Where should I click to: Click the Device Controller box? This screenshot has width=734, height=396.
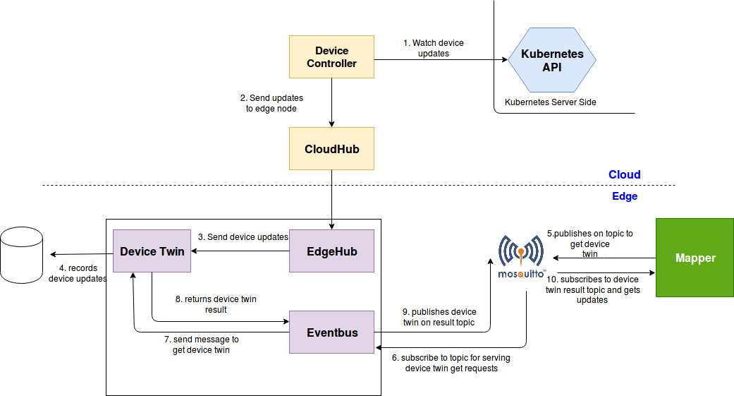tap(331, 56)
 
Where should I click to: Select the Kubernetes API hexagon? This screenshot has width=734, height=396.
tap(552, 60)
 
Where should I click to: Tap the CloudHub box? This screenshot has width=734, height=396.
tap(331, 149)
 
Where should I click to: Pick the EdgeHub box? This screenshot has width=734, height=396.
tap(331, 251)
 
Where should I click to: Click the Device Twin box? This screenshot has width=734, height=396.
tap(152, 251)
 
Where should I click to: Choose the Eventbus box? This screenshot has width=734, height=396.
tap(331, 332)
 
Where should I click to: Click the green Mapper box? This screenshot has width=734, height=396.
tap(695, 258)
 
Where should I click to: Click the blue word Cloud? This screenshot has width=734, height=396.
tap(624, 174)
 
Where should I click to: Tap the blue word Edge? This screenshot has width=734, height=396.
tap(624, 196)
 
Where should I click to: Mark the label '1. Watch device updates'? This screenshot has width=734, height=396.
tap(433, 48)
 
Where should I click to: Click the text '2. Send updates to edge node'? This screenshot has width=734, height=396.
tap(271, 103)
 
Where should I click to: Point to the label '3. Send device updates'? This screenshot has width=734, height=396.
tap(243, 237)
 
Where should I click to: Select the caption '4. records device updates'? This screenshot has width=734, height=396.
tap(78, 273)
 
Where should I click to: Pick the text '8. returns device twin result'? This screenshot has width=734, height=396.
tap(215, 304)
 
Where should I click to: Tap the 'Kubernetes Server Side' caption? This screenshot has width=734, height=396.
tap(550, 102)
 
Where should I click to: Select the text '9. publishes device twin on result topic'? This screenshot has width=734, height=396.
tap(439, 317)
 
